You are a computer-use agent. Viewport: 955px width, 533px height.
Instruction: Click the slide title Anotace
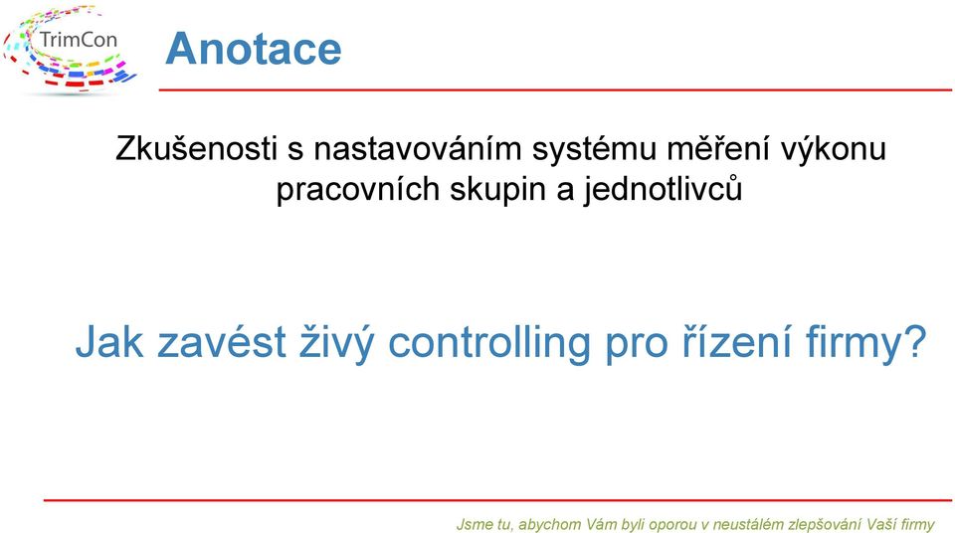[254, 49]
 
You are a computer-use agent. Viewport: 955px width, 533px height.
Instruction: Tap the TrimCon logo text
[78, 40]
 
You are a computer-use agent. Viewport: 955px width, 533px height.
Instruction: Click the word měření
[710, 148]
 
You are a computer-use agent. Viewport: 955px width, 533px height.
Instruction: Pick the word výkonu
[826, 150]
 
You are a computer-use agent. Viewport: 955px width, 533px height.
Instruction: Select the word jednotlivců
[663, 190]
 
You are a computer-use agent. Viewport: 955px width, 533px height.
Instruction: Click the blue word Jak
[109, 342]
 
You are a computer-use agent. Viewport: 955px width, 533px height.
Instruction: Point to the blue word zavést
[222, 342]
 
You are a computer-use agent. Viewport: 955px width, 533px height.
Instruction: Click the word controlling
[489, 343]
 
